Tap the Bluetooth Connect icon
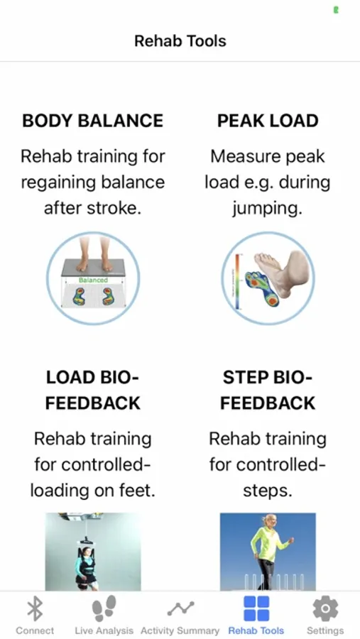(35, 610)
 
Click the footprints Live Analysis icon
(104, 608)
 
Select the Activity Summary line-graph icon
(180, 609)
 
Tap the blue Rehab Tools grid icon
(256, 608)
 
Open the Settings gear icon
(325, 609)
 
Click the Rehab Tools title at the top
(180, 40)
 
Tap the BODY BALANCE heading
(93, 121)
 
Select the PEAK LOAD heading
(268, 121)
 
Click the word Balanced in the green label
(93, 280)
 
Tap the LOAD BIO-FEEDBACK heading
(92, 390)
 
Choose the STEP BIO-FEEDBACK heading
(268, 390)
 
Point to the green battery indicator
(336, 10)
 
